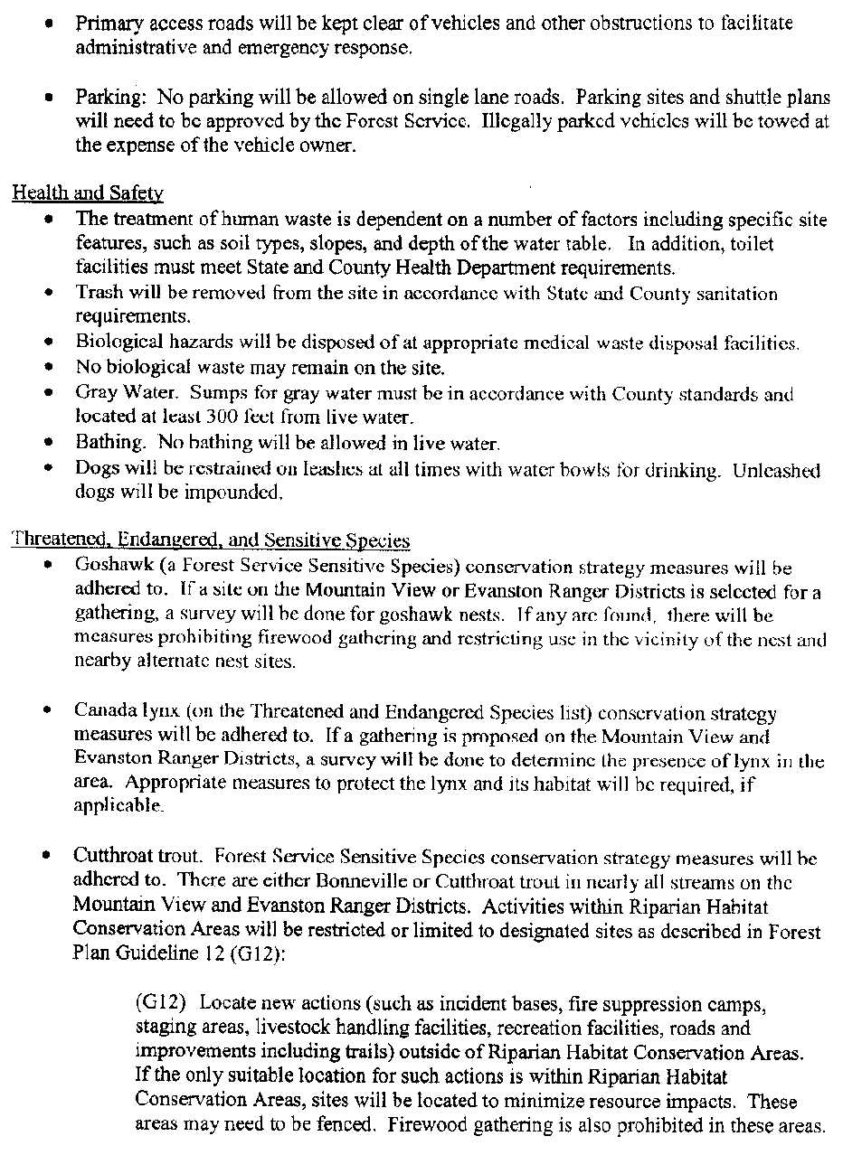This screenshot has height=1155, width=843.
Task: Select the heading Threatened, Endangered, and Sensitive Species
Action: (210, 540)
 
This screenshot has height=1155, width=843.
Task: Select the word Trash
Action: (95, 294)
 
